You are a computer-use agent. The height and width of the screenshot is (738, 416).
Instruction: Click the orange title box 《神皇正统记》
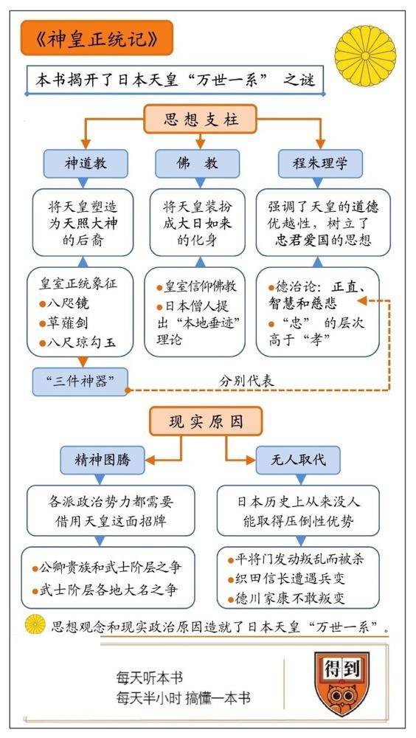pos(97,38)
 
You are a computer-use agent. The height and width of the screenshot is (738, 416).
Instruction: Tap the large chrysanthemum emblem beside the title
pos(365,55)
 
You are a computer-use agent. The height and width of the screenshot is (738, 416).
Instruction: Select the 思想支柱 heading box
pos(201,119)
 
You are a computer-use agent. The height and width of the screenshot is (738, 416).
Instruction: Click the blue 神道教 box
pos(85,164)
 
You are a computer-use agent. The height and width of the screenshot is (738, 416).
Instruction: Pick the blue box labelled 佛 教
pos(197,164)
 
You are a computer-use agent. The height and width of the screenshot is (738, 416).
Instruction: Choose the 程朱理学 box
pos(320,164)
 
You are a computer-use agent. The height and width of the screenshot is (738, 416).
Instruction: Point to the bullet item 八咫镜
pos(64,303)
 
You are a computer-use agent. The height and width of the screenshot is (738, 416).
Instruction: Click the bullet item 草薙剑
pos(64,323)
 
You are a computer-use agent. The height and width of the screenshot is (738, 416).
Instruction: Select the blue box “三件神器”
pos(80,382)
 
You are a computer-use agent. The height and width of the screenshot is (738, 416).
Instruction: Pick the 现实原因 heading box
pos(206,421)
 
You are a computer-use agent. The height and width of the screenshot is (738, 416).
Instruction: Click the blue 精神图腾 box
pos(102,460)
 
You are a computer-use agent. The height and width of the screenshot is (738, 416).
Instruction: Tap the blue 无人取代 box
pos(298,460)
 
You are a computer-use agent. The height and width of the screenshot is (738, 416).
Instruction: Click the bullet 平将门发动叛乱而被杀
pos(296,559)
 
